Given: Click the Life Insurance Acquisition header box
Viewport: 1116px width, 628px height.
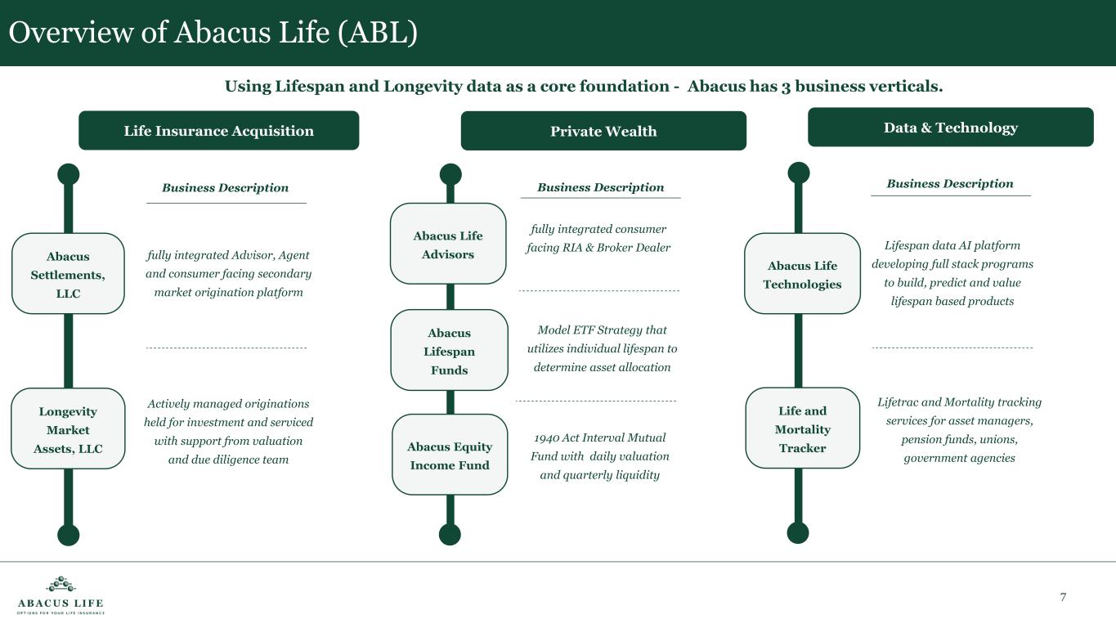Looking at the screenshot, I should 218,131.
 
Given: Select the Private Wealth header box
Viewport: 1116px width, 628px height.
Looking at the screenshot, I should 603,131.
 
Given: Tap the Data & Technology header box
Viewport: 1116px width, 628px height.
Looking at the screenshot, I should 950,128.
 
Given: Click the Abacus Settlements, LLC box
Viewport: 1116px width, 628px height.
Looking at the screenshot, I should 68,274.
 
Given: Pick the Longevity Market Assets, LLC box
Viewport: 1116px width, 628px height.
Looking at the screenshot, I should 68,429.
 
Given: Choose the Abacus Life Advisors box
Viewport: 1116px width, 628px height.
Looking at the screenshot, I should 448,244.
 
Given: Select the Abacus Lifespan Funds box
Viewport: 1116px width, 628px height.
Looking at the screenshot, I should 449,351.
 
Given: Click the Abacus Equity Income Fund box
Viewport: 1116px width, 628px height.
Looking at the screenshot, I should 450,455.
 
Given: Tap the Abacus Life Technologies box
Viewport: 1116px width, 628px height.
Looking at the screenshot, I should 802,274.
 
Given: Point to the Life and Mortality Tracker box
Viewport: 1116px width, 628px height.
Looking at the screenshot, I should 802,428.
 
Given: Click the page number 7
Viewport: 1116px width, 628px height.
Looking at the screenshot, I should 1063,597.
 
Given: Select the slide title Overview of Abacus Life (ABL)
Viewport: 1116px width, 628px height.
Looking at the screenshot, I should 213,33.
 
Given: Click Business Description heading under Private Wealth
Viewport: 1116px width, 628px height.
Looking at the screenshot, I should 600,187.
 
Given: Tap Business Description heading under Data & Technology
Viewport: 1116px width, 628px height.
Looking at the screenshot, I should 949,184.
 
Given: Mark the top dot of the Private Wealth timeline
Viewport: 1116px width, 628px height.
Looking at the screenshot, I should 450,174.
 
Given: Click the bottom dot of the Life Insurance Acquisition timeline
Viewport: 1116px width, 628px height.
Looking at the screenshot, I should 69,535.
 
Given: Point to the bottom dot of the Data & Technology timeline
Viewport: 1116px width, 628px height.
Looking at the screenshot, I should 798,532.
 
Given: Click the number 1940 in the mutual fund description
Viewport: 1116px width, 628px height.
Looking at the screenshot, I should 546,437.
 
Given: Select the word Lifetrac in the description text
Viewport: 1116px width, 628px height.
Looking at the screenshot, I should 897,401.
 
